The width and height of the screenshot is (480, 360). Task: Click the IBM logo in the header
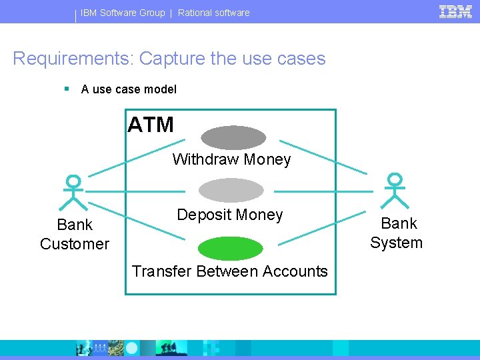(x=455, y=11)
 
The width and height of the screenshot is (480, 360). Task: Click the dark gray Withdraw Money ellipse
(x=233, y=137)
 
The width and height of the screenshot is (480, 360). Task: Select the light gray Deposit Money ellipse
(x=232, y=190)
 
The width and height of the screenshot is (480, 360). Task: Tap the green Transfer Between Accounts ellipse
(x=231, y=248)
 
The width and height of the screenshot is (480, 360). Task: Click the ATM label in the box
(x=151, y=125)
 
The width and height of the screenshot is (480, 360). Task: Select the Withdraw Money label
(x=231, y=159)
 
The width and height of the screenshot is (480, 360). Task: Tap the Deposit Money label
(x=230, y=215)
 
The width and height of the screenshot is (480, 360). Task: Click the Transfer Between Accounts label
(x=230, y=271)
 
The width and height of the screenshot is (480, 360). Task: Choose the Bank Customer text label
(x=75, y=234)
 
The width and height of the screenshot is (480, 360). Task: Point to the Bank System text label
(x=397, y=233)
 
